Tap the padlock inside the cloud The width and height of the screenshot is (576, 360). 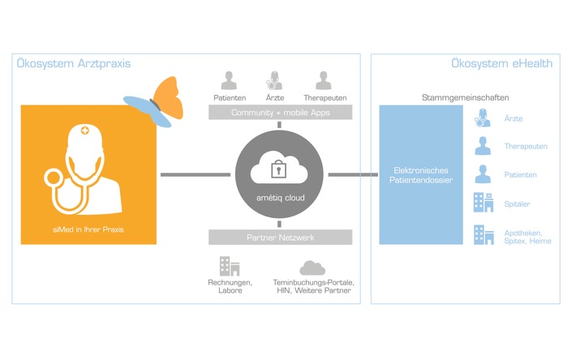pyautogui.click(x=279, y=169)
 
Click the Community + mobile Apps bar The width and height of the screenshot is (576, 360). pyautogui.click(x=280, y=113)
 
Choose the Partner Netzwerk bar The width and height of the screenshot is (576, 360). pyautogui.click(x=280, y=238)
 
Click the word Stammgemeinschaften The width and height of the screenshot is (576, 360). pyautogui.click(x=465, y=97)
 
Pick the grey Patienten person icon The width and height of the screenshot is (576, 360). pyautogui.click(x=229, y=81)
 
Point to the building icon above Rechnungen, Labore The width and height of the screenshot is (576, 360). pyautogui.click(x=229, y=266)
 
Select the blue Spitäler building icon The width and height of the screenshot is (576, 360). pyautogui.click(x=484, y=202)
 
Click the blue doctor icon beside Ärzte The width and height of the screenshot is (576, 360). pyautogui.click(x=484, y=118)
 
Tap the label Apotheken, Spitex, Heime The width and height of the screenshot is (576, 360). pyautogui.click(x=529, y=236)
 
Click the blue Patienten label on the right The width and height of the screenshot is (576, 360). pyautogui.click(x=520, y=174)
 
